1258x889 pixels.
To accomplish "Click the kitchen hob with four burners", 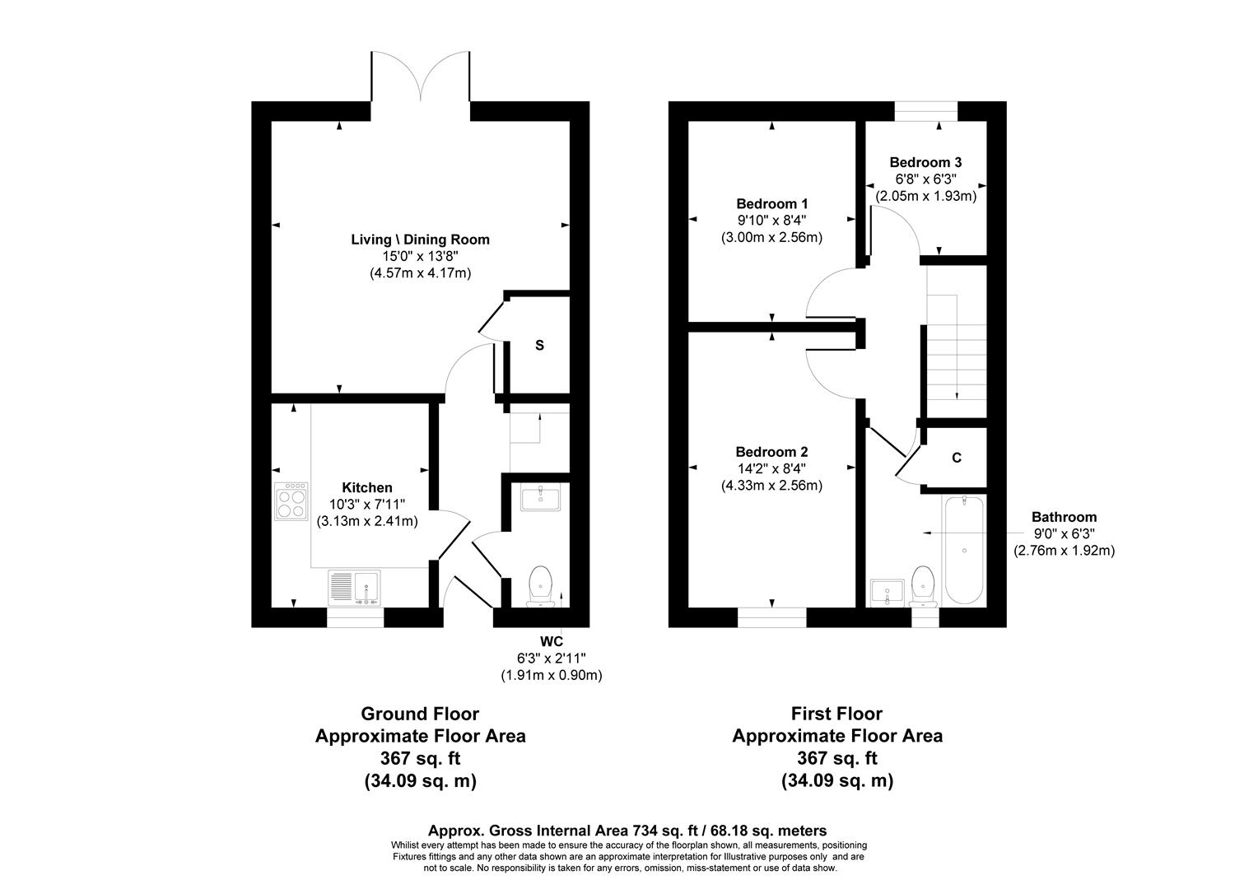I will click(290, 500).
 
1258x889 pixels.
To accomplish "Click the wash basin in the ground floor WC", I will click(540, 498).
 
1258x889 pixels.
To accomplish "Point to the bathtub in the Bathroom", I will click(962, 550).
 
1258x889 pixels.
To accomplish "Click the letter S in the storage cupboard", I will click(539, 346).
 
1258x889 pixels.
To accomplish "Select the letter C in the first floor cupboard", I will click(956, 458).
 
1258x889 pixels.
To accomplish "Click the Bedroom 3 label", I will click(925, 163).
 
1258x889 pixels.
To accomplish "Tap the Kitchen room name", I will click(367, 487).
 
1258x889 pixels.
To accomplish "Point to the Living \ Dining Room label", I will click(420, 240).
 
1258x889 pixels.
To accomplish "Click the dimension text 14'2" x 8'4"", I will click(771, 468).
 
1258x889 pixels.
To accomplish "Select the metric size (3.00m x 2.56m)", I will click(771, 237).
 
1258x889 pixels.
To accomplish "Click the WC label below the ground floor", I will click(551, 640).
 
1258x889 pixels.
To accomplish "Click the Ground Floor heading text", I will click(420, 714).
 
